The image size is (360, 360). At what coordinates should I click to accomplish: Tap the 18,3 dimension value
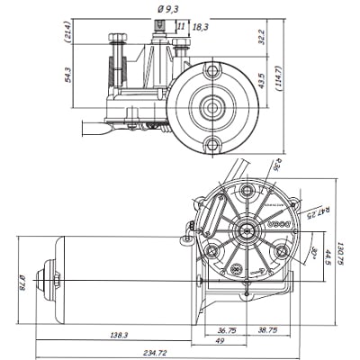200,28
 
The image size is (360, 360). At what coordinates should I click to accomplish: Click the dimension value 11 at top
181,28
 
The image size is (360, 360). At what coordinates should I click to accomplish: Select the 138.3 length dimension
118,335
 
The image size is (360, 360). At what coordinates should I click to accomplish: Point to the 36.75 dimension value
226,330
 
